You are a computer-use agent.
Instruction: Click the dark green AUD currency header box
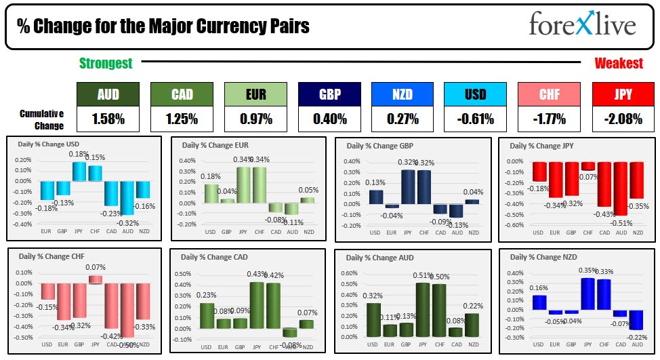click(x=108, y=95)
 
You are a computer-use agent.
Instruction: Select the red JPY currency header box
click(x=623, y=95)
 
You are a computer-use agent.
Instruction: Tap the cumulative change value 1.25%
click(x=182, y=119)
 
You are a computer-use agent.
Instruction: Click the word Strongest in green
click(x=106, y=64)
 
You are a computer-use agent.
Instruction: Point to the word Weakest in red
click(x=619, y=64)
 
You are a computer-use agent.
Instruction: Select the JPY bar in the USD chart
click(x=79, y=172)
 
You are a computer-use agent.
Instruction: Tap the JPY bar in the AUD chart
click(x=421, y=311)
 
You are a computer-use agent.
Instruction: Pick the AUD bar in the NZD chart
click(x=636, y=320)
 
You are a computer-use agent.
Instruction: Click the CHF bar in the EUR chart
click(x=260, y=185)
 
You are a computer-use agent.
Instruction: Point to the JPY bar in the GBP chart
click(x=408, y=186)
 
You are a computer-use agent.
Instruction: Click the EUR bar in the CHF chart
click(x=63, y=301)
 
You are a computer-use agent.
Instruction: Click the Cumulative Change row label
click(x=42, y=119)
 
